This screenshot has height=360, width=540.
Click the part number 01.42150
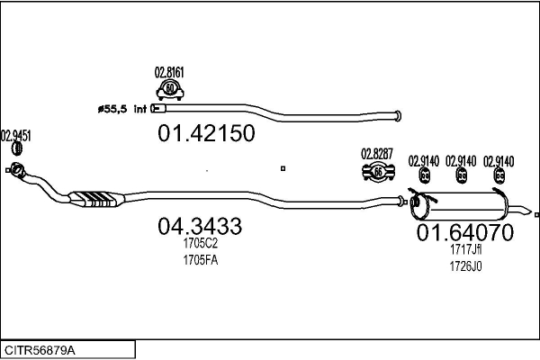click(206, 133)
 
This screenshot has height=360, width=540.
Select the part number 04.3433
click(200, 226)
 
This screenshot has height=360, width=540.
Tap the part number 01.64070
click(465, 232)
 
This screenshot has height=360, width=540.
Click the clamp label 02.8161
click(169, 73)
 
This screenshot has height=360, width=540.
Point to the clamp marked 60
click(170, 90)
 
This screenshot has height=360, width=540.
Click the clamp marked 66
click(378, 172)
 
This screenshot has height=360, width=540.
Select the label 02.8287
click(377, 154)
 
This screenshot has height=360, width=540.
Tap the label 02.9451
click(16, 136)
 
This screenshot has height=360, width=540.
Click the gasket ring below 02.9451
click(17, 148)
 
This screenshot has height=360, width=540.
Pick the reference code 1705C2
click(201, 244)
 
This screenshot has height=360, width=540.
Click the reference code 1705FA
click(201, 260)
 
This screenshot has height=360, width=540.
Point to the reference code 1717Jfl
click(465, 249)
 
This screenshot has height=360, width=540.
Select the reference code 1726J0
click(465, 266)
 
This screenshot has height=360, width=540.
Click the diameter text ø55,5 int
click(122, 109)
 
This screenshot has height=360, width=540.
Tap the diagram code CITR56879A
click(40, 350)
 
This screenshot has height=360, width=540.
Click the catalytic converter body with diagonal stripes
click(96, 199)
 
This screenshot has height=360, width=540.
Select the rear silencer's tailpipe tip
click(526, 211)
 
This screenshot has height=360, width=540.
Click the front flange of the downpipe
click(16, 169)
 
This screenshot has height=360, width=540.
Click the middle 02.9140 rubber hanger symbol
click(462, 175)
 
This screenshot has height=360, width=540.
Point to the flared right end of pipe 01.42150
click(398, 116)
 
